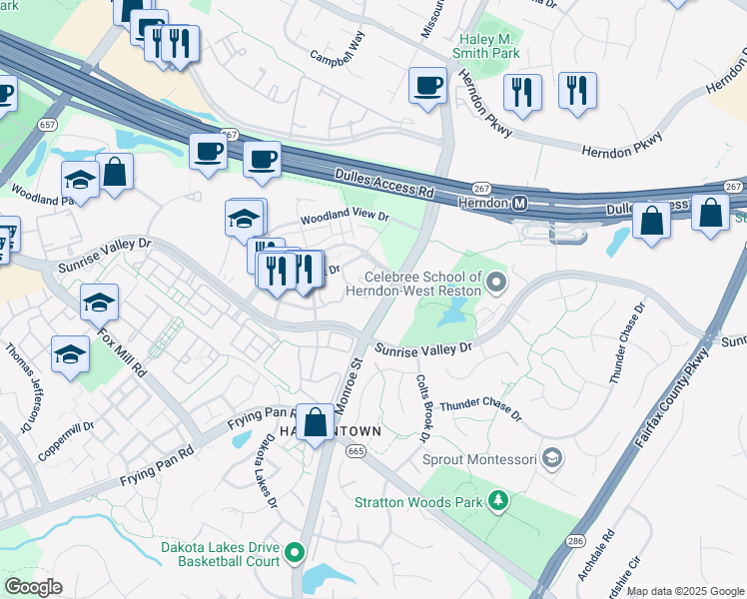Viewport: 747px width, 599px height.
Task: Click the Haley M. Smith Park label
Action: point(486,45)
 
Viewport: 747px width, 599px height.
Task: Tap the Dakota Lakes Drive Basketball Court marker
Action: point(294,552)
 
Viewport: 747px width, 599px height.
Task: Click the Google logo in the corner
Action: point(33,587)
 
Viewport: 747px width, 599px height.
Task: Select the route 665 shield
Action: point(356,452)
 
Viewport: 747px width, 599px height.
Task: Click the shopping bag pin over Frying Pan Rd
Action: point(316,422)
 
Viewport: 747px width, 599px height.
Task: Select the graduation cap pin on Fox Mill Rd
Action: point(99,302)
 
